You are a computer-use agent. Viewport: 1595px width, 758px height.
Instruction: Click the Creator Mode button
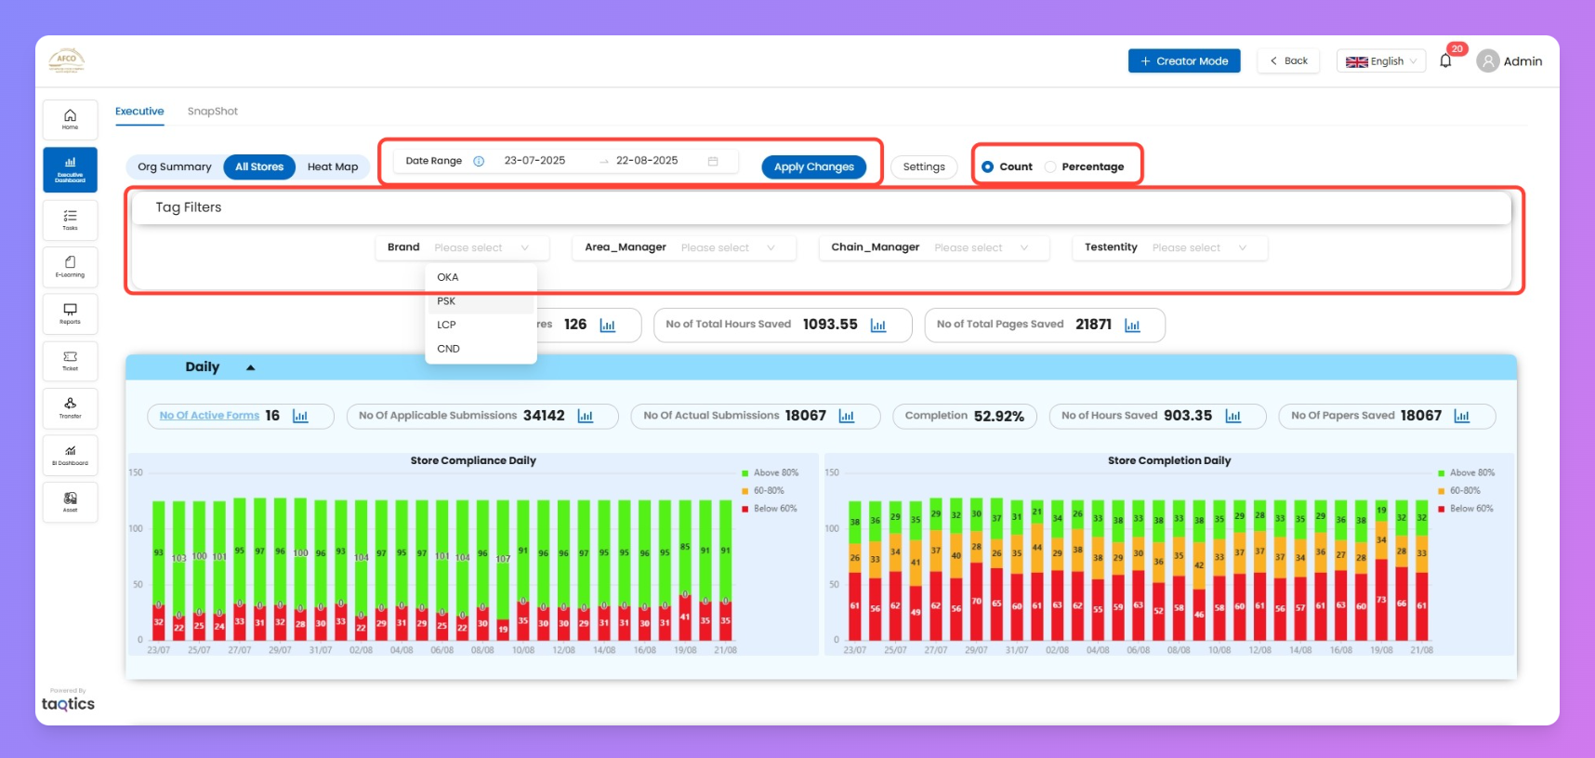1183,61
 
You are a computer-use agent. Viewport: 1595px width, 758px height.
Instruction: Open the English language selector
1380,61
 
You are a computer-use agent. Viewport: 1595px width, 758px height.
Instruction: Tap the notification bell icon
1445,61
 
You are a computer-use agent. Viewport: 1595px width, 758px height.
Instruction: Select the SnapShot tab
212,112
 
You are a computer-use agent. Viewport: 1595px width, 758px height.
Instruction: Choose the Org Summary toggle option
175,167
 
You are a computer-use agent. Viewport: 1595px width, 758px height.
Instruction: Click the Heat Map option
332,167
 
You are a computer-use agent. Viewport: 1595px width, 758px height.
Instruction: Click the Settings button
923,167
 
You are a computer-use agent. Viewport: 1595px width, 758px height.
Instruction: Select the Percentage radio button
1050,167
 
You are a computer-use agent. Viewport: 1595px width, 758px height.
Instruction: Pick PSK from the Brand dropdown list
447,301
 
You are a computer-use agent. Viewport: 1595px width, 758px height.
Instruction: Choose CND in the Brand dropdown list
448,349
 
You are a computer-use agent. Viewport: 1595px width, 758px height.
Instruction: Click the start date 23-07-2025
534,161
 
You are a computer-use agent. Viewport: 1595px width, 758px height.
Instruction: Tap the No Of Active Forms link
209,416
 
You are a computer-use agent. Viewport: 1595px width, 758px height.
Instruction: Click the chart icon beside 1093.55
878,326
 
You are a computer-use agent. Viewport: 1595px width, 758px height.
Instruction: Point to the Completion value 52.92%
998,417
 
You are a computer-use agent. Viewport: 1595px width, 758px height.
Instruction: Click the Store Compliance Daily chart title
473,460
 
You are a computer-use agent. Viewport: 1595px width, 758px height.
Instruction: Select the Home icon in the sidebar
70,119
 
